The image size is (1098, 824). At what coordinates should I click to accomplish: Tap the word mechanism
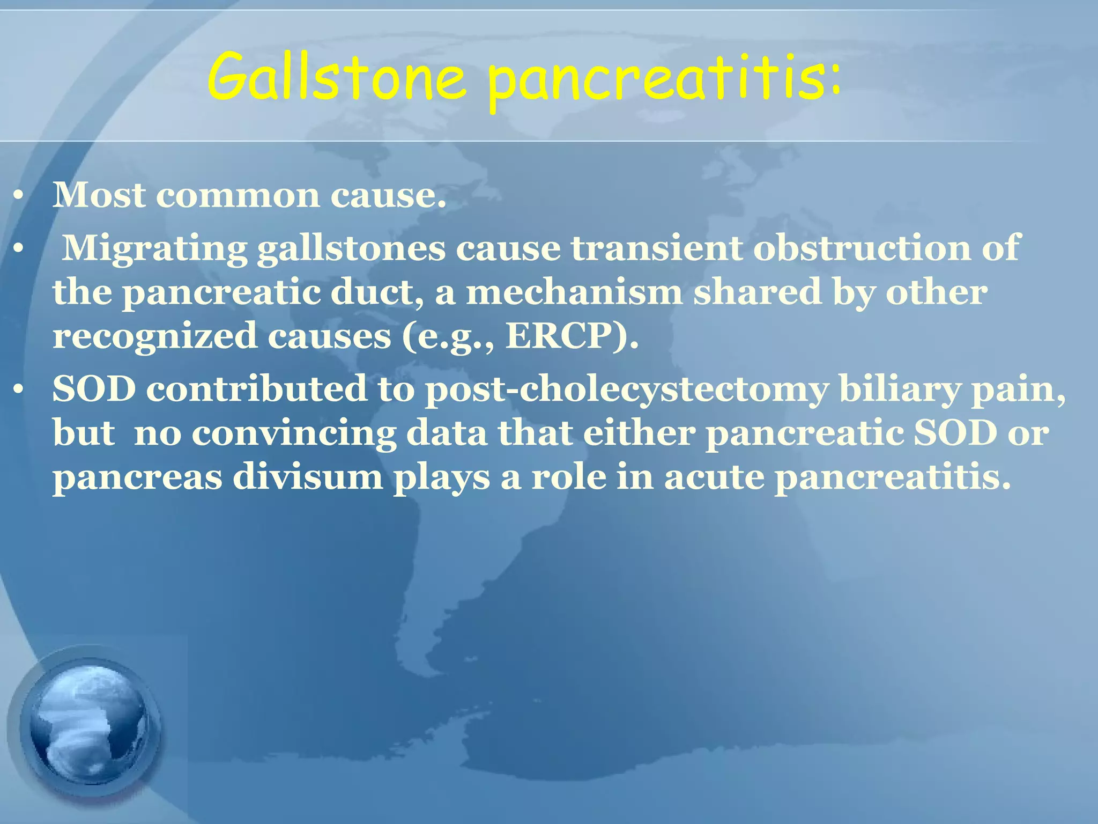[x=574, y=293]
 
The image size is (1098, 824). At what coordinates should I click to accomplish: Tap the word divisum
[x=308, y=477]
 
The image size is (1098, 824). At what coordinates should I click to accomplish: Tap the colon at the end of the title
[x=834, y=80]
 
